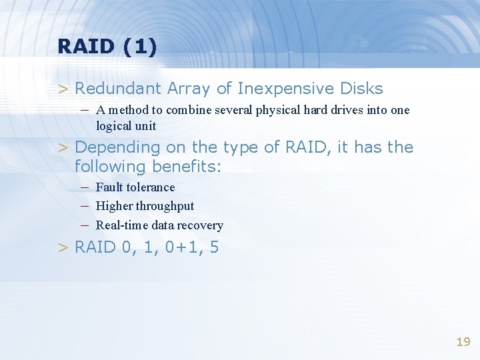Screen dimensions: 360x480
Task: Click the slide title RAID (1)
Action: pos(107,47)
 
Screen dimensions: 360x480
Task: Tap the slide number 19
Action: pos(463,342)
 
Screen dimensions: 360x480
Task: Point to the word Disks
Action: pos(361,89)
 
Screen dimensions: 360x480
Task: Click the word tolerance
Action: pos(151,187)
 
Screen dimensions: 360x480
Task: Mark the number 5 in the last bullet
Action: pos(214,248)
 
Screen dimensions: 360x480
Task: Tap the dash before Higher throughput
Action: pos(86,206)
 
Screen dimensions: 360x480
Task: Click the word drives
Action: pos(346,110)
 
